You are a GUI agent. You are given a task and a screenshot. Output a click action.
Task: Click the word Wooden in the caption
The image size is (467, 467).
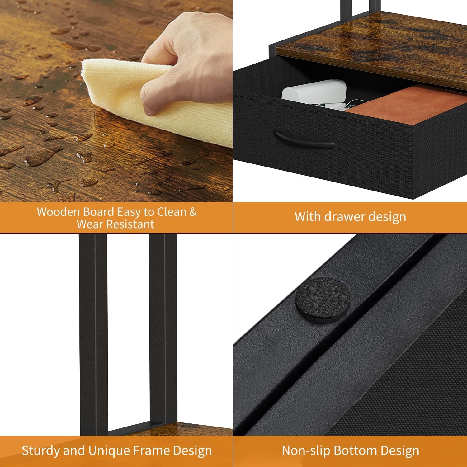(59, 212)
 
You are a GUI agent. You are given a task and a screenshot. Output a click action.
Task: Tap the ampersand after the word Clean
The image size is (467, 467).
(193, 212)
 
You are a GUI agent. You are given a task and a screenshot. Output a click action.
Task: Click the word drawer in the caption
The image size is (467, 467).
(344, 217)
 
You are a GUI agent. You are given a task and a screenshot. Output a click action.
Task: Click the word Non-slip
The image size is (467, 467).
(305, 450)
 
